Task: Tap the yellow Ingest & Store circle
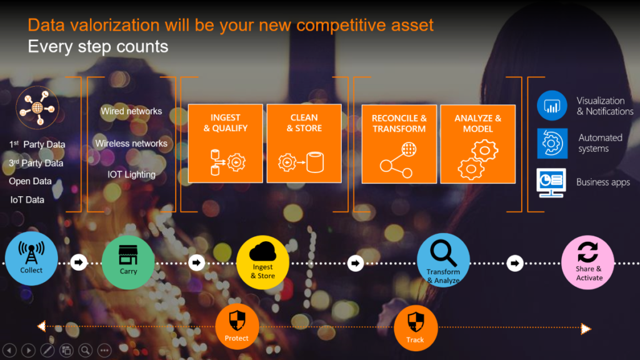click(x=262, y=262)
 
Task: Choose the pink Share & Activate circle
click(x=587, y=262)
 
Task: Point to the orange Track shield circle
click(x=415, y=328)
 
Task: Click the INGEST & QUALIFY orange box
click(x=226, y=144)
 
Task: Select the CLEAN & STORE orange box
click(x=304, y=144)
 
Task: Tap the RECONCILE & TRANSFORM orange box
click(x=399, y=144)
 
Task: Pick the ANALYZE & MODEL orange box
click(x=477, y=144)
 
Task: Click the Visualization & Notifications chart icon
click(x=552, y=106)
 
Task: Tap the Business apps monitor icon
click(x=551, y=183)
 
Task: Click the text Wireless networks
click(x=131, y=144)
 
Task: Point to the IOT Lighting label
click(x=131, y=174)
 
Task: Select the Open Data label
click(x=31, y=182)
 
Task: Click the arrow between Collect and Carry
click(x=79, y=262)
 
